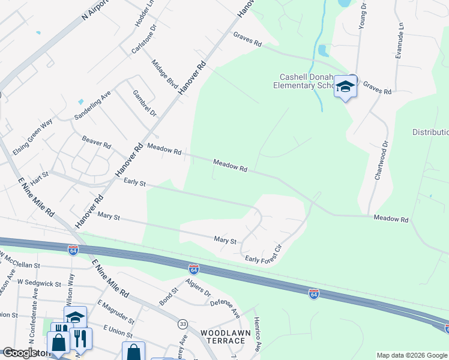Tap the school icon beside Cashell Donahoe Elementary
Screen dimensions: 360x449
pyautogui.click(x=346, y=87)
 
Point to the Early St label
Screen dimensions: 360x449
pyautogui.click(x=135, y=182)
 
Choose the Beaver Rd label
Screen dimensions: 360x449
pyautogui.click(x=97, y=142)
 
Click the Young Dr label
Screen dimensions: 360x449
pyautogui.click(x=362, y=15)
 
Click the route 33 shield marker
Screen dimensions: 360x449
pyautogui.click(x=182, y=324)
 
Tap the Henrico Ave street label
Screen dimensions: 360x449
pyautogui.click(x=258, y=330)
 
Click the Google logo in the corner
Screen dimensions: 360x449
pyautogui.click(x=19, y=353)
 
